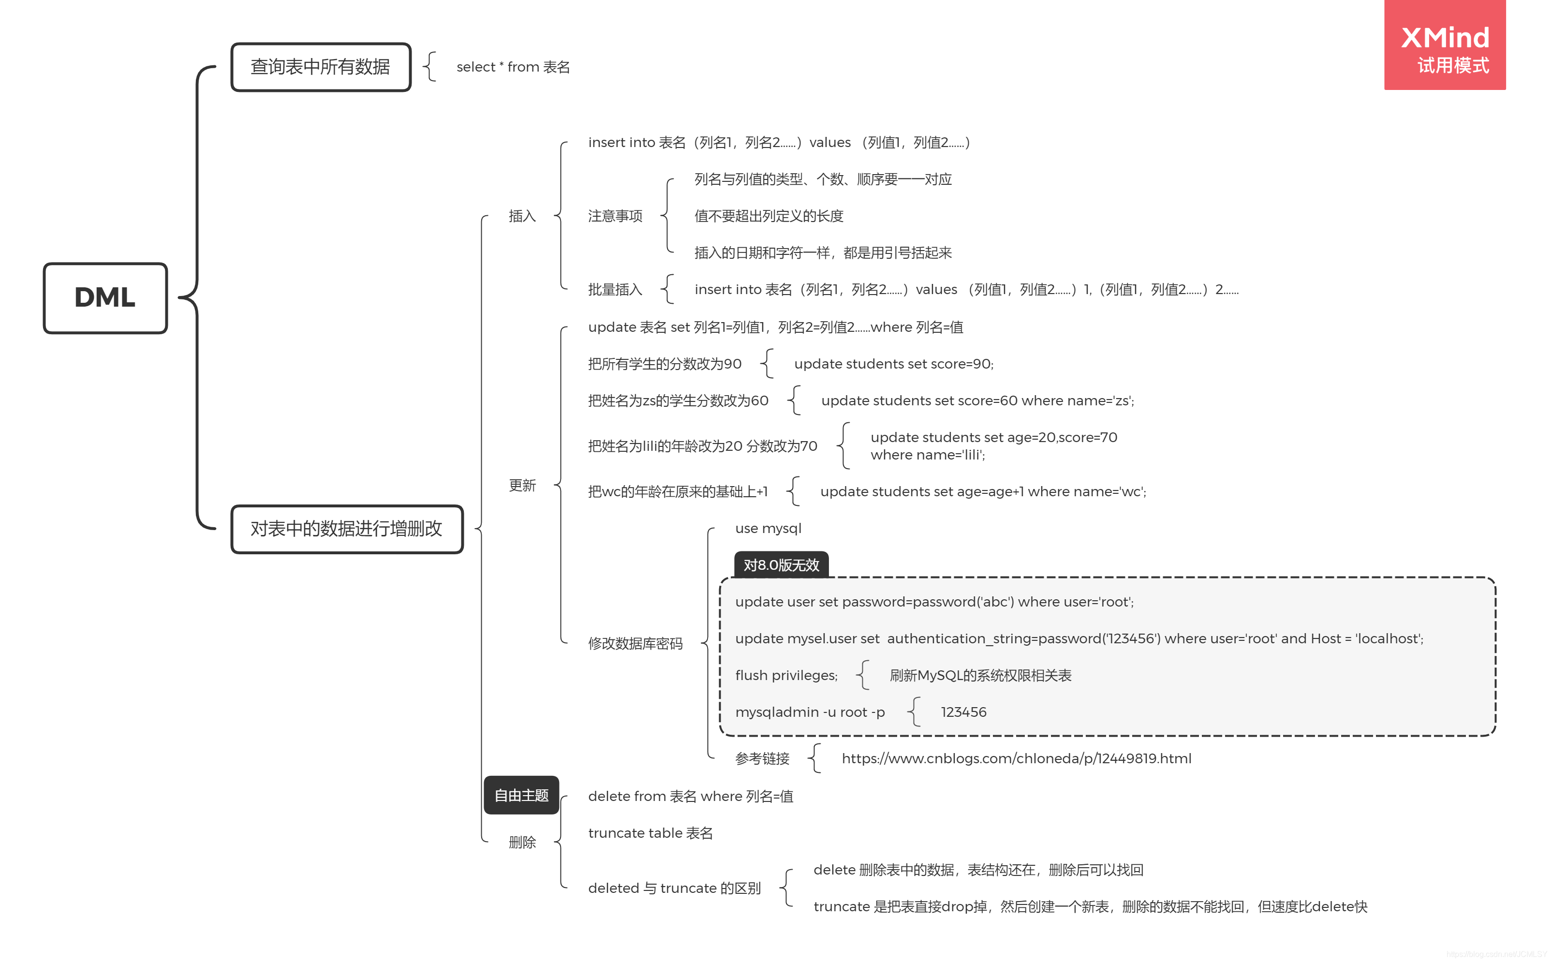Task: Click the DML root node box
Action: click(105, 297)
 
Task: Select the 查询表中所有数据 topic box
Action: click(320, 67)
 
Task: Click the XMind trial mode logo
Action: click(1444, 46)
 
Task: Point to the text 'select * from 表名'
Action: click(513, 67)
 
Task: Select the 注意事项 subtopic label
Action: click(615, 216)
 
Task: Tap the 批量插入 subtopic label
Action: click(615, 289)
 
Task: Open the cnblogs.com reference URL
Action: click(1016, 758)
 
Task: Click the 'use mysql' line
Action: click(768, 528)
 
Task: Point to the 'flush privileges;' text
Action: click(786, 675)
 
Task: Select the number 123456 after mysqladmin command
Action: click(963, 712)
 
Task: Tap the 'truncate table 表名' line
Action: click(650, 832)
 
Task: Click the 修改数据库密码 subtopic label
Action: click(635, 643)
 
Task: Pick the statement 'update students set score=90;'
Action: click(893, 364)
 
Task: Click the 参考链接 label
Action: click(762, 758)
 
